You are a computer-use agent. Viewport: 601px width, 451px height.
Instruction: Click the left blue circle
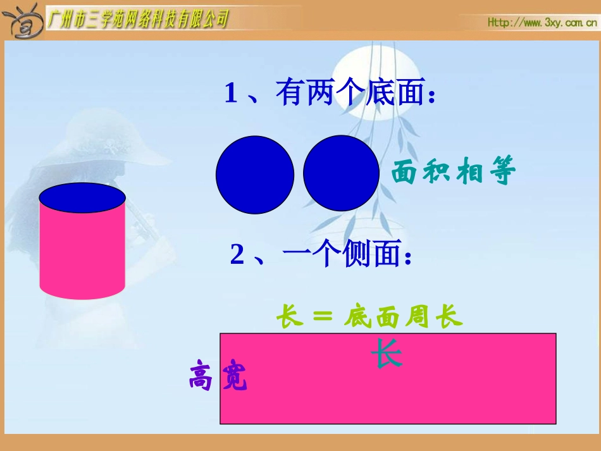[255, 174]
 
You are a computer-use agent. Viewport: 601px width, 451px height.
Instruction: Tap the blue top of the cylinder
[82, 198]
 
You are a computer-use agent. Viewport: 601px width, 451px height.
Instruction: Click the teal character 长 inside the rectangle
[387, 354]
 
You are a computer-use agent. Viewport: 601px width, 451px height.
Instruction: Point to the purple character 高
[201, 376]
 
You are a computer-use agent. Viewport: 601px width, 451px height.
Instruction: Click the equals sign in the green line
[323, 317]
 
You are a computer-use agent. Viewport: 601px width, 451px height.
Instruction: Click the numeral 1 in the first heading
[231, 94]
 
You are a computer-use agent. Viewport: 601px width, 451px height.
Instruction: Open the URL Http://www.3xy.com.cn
[542, 22]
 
